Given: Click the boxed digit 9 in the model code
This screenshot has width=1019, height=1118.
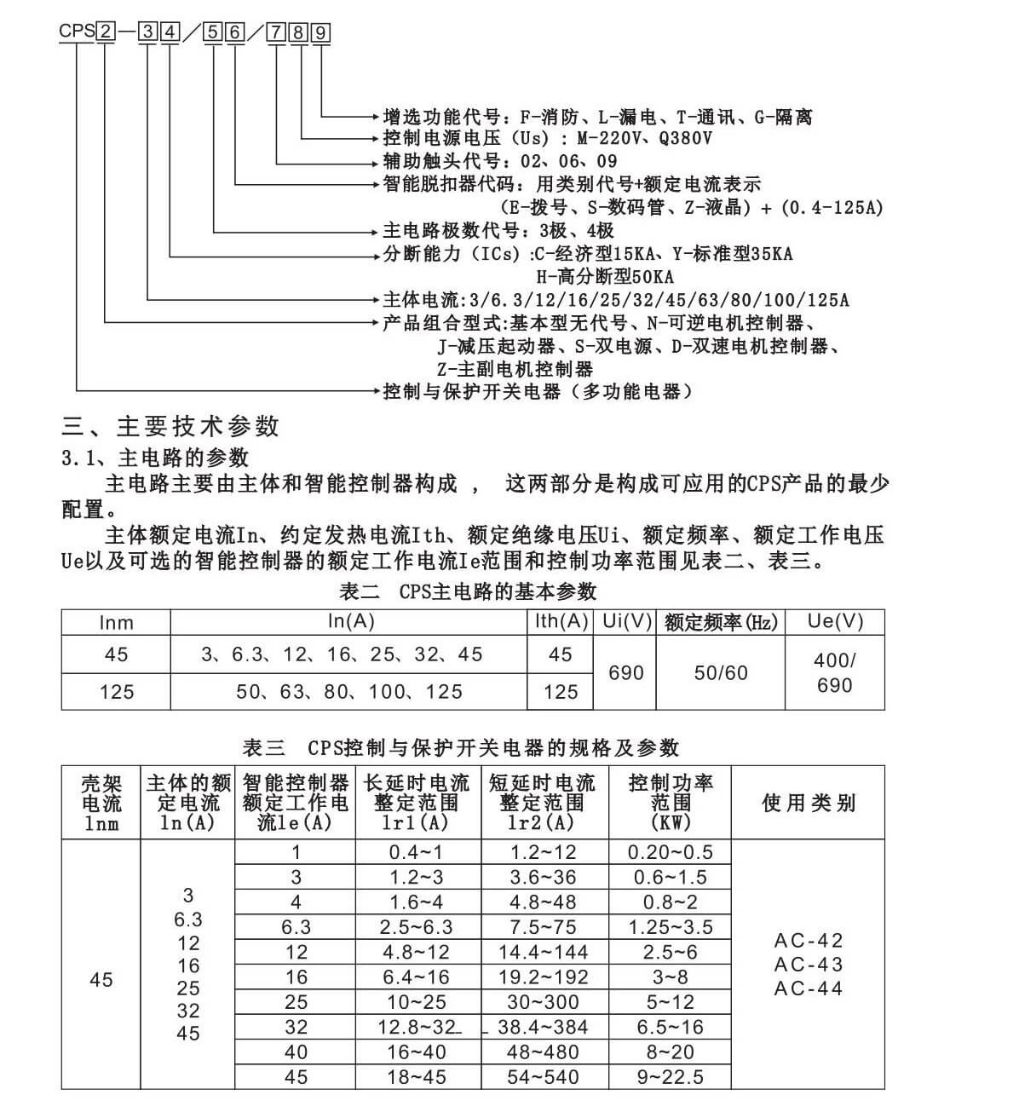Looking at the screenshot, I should [x=320, y=33].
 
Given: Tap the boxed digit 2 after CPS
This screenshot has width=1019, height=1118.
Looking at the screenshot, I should [x=106, y=33].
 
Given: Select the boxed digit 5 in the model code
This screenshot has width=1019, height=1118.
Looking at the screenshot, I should [x=212, y=33].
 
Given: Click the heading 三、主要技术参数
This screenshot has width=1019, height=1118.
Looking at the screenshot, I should [x=170, y=426].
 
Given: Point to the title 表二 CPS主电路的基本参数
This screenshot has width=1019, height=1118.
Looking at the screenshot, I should [x=468, y=591].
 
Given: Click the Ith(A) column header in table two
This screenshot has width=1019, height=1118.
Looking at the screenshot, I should [x=561, y=622].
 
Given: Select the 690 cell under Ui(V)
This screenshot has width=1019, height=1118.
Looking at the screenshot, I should [x=625, y=673].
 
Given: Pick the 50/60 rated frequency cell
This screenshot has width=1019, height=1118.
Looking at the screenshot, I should [x=721, y=673].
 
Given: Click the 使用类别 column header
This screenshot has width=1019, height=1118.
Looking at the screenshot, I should [x=808, y=803].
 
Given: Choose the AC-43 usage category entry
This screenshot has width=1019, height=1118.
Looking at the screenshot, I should [x=808, y=965].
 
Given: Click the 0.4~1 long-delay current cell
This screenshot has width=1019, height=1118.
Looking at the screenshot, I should [x=416, y=852].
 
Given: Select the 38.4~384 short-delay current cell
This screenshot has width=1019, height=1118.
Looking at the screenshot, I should [x=544, y=1028].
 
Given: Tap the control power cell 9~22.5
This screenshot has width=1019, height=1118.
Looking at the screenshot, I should [x=671, y=1077].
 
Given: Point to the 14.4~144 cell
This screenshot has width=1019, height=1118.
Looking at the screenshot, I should [x=544, y=952].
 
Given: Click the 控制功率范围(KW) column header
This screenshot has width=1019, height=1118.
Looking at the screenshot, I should [x=671, y=803].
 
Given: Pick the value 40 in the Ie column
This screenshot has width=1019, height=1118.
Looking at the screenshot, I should [x=296, y=1052].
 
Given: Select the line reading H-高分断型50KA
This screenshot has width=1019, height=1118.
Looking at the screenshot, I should [x=605, y=277].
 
